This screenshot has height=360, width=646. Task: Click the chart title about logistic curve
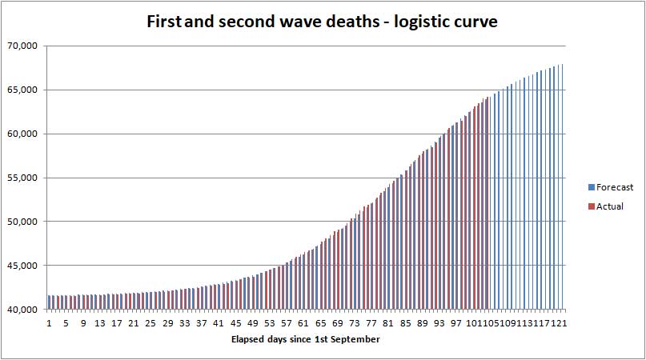point(322,22)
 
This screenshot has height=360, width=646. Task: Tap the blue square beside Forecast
point(592,187)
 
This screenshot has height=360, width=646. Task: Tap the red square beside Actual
point(592,206)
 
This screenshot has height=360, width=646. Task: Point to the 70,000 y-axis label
point(22,46)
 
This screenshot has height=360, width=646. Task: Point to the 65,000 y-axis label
point(22,90)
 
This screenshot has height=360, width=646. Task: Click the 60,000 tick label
point(22,134)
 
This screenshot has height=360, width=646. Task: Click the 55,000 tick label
point(22,178)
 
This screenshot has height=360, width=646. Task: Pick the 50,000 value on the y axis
point(22,222)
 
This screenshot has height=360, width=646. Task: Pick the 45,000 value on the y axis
point(22,266)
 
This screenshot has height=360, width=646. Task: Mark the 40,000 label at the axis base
point(22,310)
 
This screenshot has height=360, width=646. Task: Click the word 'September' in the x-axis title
point(358,339)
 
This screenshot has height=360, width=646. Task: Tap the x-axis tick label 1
point(49,323)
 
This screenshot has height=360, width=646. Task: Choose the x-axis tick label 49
point(252,323)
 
